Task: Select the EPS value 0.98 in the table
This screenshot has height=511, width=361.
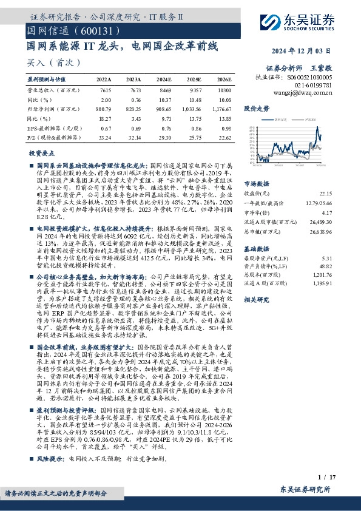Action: [226, 128]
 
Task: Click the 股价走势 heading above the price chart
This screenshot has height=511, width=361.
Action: [257, 109]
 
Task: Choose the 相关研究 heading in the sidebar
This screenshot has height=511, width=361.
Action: [256, 300]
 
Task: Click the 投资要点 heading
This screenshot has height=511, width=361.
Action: [41, 154]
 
